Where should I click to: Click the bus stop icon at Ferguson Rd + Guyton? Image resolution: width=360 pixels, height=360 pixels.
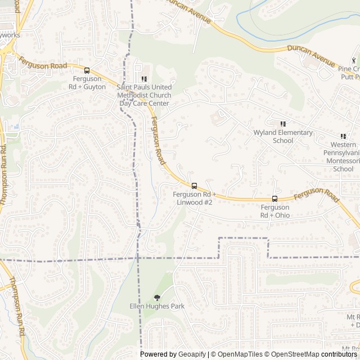[x=87, y=70]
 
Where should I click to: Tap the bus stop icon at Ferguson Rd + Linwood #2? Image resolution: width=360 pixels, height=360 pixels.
[x=194, y=186]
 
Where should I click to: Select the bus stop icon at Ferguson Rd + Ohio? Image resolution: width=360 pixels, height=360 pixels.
[x=275, y=199]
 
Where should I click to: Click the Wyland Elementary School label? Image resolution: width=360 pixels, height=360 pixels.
[x=283, y=137]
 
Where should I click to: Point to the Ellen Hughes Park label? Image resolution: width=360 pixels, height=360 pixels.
[x=157, y=307]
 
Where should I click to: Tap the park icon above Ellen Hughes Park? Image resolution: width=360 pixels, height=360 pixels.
[x=157, y=298]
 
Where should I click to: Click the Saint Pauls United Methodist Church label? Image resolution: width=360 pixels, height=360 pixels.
[x=143, y=96]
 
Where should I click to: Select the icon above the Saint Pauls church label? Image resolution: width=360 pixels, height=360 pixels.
[x=143, y=79]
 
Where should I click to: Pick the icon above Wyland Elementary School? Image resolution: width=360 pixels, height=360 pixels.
[x=283, y=124]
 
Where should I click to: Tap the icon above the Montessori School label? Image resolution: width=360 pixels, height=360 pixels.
[x=343, y=136]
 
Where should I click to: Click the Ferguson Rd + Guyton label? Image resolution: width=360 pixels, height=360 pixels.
[x=87, y=83]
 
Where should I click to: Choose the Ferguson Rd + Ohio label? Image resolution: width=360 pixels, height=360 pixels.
[x=275, y=211]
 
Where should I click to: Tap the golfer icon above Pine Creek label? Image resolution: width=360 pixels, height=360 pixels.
[x=354, y=60]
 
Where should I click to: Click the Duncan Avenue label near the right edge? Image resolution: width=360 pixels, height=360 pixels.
[x=310, y=53]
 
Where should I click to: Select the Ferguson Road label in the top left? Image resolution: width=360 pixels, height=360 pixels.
[x=43, y=62]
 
